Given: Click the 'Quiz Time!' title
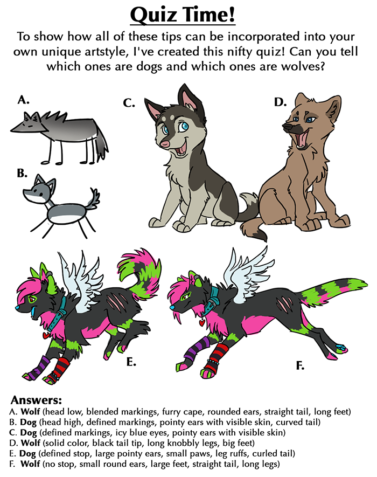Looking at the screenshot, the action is (183, 15).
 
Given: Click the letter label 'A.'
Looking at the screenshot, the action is (23, 100).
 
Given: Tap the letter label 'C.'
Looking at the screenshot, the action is (129, 103).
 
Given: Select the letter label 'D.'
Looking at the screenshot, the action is (280, 102).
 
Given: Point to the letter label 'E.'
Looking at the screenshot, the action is (131, 362).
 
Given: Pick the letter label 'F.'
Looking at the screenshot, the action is (300, 365).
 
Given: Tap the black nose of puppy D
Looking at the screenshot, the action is (288, 126).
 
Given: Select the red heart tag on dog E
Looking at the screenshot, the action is (46, 335).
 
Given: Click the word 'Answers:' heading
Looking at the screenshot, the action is (37, 400).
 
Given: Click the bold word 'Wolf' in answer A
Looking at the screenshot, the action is (30, 412).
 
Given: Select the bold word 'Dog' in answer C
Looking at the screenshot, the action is (28, 432).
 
